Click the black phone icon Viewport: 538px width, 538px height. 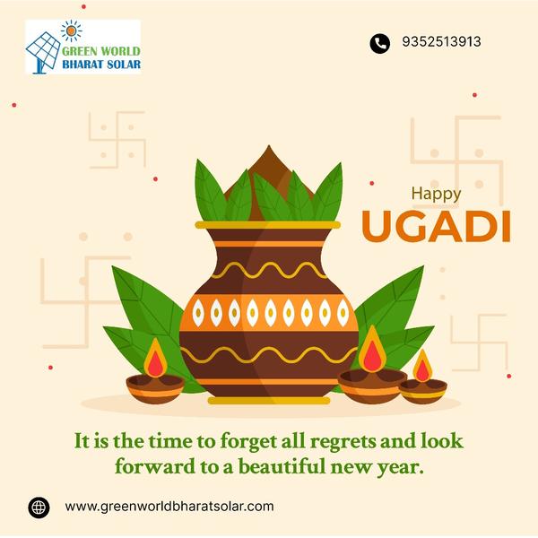379,43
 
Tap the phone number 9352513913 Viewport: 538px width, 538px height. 441,42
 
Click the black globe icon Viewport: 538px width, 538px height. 39,508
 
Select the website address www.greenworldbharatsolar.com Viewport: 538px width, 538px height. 169,507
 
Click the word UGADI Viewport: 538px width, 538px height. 436,227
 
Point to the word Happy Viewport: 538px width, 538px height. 436,194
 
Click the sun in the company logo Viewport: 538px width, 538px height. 72,30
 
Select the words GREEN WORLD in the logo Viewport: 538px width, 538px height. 100,51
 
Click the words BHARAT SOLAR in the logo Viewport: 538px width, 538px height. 101,65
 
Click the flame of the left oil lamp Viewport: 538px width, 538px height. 155,358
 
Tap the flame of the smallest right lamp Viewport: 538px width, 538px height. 422,366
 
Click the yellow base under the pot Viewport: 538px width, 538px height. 269,401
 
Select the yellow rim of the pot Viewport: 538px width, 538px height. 268,225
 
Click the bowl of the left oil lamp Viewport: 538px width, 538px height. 155,389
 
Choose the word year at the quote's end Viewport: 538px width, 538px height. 400,468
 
